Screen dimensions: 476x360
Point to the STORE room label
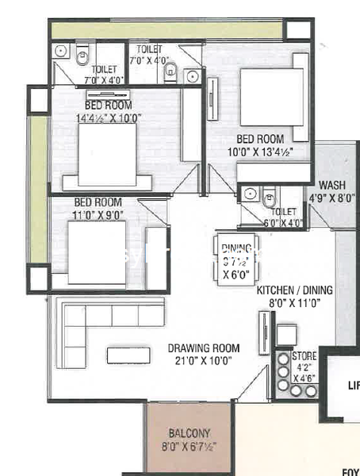[x=304, y=356]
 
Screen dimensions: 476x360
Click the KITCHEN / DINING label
[x=294, y=291]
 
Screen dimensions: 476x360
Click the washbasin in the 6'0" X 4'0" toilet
[x=248, y=194]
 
